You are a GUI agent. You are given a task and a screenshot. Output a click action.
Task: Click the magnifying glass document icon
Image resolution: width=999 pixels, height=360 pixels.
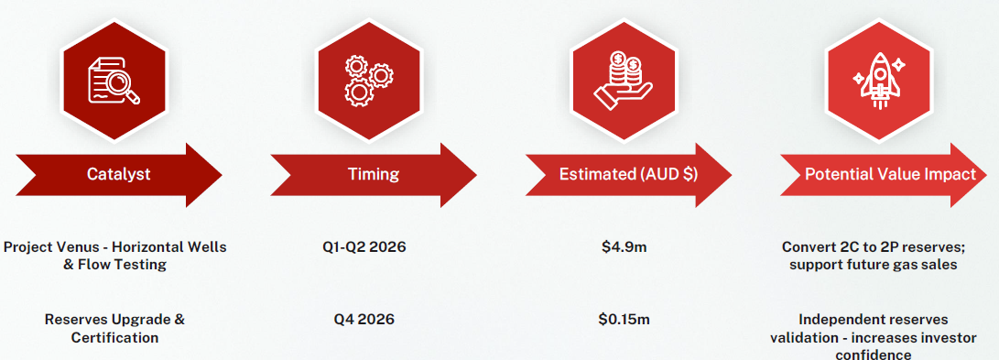click(x=113, y=81)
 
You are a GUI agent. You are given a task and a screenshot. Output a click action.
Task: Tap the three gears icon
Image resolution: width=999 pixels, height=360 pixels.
click(x=369, y=81)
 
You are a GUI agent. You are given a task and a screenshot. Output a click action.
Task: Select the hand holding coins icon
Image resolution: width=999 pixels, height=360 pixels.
click(x=623, y=82)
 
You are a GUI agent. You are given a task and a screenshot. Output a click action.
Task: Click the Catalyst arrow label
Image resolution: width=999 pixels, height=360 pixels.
click(x=119, y=174)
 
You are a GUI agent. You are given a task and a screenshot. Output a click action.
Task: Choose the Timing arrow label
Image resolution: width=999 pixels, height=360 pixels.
click(x=374, y=174)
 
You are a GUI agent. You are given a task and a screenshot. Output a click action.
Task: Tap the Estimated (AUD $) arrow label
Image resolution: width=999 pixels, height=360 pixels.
click(x=628, y=174)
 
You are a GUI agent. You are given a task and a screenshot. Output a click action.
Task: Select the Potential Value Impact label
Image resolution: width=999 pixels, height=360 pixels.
click(x=891, y=174)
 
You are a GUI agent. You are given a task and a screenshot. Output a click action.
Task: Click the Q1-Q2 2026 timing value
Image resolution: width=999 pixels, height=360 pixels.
click(x=364, y=246)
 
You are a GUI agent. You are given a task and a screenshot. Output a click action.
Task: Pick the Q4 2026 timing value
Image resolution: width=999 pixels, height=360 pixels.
click(x=364, y=319)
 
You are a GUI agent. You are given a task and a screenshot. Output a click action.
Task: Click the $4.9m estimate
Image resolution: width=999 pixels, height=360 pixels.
click(x=624, y=246)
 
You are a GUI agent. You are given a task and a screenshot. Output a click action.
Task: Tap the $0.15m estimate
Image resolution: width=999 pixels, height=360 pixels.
click(x=624, y=319)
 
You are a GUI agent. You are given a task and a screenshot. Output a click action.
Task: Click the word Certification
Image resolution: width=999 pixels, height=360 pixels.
click(x=114, y=337)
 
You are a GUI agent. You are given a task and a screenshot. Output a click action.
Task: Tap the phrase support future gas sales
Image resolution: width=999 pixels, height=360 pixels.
click(x=873, y=265)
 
